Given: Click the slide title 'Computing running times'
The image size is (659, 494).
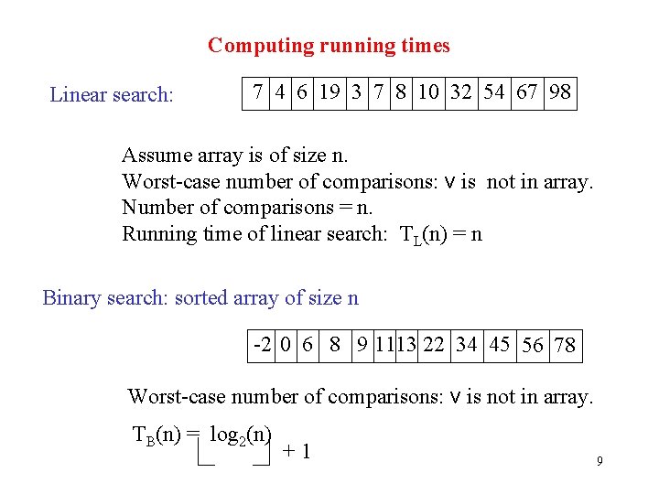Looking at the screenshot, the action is click(329, 45).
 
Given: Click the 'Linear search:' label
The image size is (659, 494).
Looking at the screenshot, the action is click(112, 94).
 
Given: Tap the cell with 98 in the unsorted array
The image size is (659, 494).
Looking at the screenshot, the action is click(560, 92).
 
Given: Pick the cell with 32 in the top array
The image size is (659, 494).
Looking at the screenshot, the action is click(461, 92).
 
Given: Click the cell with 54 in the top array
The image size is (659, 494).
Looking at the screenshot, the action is click(494, 92).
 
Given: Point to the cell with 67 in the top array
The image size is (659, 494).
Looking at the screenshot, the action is click(527, 92).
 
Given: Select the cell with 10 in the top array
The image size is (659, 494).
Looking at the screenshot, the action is click(427, 92).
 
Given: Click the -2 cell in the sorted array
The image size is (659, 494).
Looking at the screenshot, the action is click(262, 345).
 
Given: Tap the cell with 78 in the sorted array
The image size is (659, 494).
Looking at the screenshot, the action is click(565, 345).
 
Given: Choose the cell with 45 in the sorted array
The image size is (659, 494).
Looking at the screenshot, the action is click(499, 345).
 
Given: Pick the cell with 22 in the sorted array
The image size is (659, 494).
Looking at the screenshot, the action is click(434, 345).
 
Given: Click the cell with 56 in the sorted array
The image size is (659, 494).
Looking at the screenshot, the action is click(532, 345).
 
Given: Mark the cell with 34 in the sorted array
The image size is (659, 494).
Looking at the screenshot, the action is click(466, 345).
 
